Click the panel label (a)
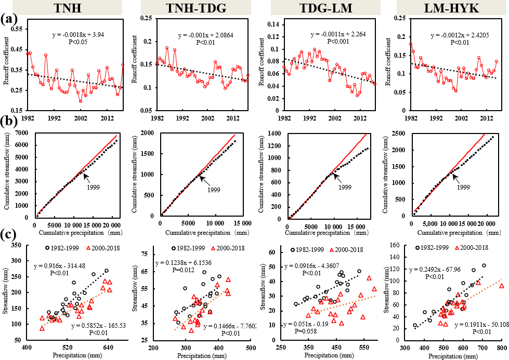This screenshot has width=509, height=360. tap(8, 19)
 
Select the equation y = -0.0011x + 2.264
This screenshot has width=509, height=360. tap(339, 34)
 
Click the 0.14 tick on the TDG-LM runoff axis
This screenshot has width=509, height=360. tap(275, 24)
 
